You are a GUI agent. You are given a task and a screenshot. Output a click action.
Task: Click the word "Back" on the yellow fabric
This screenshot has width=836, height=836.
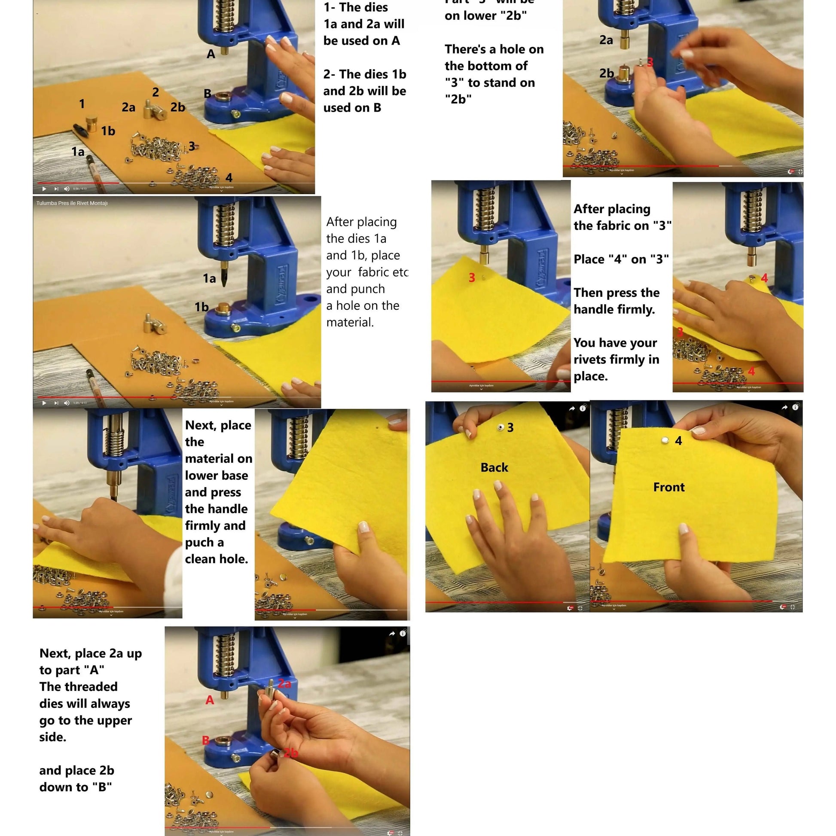pyautogui.click(x=494, y=467)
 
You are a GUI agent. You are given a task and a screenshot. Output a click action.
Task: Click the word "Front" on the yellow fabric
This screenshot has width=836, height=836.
pyautogui.click(x=668, y=487)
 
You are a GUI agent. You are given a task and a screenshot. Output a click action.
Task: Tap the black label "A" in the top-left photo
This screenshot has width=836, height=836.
pyautogui.click(x=211, y=54)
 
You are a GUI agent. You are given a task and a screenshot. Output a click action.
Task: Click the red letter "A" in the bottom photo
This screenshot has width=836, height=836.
pyautogui.click(x=210, y=700)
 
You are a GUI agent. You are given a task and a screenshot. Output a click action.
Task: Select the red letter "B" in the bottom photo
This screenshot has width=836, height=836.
pyautogui.click(x=206, y=740)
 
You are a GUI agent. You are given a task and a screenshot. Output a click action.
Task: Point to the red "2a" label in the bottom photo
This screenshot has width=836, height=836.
pyautogui.click(x=284, y=684)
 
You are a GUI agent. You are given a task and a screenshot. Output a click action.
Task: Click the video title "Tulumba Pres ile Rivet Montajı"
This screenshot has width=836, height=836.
pyautogui.click(x=72, y=203)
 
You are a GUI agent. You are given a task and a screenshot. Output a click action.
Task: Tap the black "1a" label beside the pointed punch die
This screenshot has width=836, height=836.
pyautogui.click(x=210, y=278)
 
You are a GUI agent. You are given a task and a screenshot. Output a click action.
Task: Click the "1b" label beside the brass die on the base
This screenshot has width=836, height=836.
pyautogui.click(x=201, y=307)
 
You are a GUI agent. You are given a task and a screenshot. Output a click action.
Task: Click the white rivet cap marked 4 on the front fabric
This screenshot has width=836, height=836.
pyautogui.click(x=665, y=440)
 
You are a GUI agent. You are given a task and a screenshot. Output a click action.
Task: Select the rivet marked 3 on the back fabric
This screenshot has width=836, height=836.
pyautogui.click(x=500, y=427)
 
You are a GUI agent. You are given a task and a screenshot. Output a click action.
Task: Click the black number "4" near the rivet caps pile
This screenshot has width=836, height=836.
pyautogui.click(x=229, y=178)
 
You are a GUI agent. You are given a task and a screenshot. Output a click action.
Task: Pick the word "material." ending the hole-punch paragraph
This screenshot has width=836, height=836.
pyautogui.click(x=350, y=322)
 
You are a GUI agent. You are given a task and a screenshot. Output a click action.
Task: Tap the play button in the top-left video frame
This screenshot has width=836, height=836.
pyautogui.click(x=44, y=189)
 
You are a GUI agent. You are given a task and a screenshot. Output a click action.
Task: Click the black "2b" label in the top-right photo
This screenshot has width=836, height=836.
pyautogui.click(x=606, y=73)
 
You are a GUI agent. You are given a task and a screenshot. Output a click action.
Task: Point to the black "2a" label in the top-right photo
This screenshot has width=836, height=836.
pyautogui.click(x=606, y=40)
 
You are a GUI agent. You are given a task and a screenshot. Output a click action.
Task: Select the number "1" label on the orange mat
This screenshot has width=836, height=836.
pyautogui.click(x=82, y=104)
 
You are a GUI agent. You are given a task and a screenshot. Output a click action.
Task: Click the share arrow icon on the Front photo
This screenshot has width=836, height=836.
pyautogui.click(x=784, y=407)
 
